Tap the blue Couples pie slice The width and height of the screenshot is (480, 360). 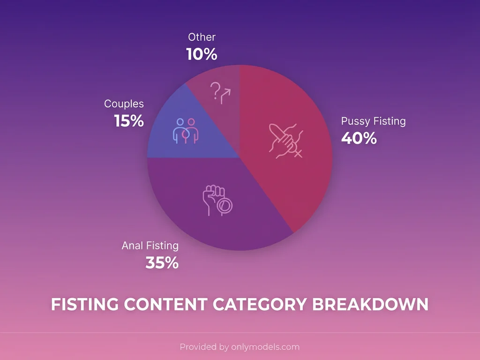(169, 141)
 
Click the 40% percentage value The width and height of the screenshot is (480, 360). (359, 138)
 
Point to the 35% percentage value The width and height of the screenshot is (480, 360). (162, 263)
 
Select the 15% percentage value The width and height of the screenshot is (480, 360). (129, 121)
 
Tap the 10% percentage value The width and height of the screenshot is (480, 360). (202, 54)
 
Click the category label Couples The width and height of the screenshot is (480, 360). (124, 104)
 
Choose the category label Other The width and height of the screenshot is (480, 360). (202, 37)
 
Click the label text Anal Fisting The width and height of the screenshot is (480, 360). (150, 245)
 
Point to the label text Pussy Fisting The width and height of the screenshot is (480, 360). (373, 121)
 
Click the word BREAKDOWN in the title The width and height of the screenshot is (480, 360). (370, 304)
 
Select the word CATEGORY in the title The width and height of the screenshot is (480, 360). (259, 304)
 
